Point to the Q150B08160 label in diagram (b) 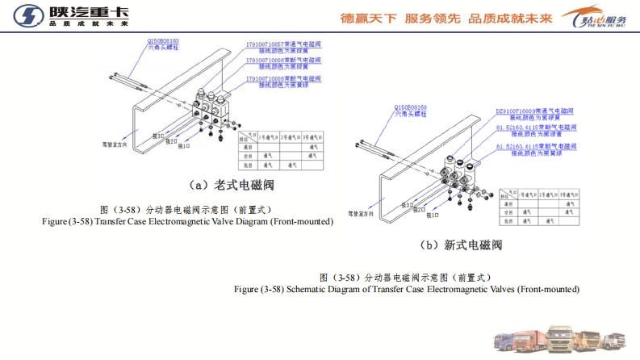click(411, 107)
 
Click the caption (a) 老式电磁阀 click(233, 185)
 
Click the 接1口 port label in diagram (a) click(183, 147)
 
